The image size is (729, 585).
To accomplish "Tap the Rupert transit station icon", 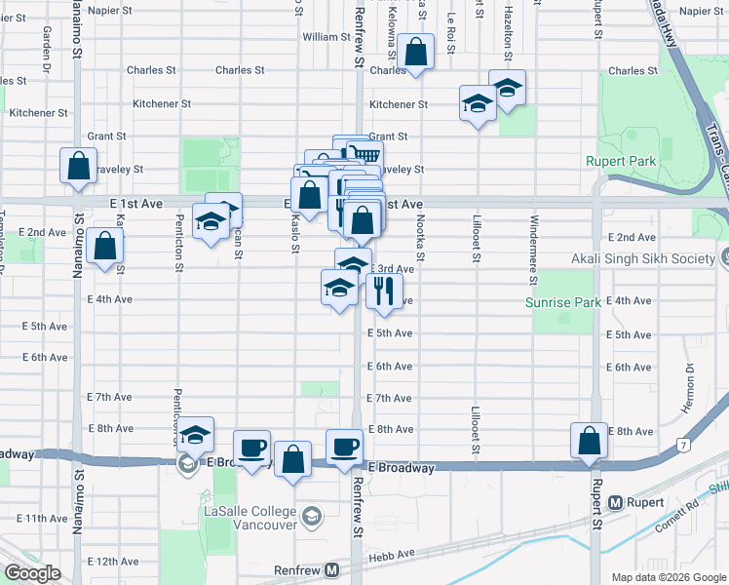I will (x=615, y=503).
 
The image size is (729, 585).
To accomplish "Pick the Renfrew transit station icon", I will (x=331, y=569).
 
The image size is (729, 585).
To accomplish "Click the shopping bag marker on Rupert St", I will (x=590, y=441).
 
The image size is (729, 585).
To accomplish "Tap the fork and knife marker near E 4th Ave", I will (x=384, y=290).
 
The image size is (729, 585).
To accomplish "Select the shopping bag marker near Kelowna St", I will (x=416, y=53).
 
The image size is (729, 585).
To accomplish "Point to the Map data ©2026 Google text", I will (x=668, y=577).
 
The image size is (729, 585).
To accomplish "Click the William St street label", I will (x=326, y=37).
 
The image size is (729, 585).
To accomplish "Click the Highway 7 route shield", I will (x=684, y=446).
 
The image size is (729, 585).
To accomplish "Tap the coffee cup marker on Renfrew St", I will (x=343, y=447).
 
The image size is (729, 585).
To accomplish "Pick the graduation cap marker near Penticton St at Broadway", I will (x=196, y=436).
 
